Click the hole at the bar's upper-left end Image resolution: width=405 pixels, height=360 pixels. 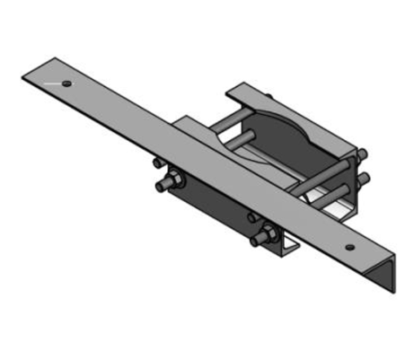(x=68, y=83)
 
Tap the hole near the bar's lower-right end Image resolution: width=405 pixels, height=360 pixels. (x=348, y=244)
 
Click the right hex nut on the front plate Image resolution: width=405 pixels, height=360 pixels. (x=266, y=237)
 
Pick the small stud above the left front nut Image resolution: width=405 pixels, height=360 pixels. (x=158, y=163)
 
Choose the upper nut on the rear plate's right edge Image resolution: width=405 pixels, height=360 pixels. (x=362, y=154)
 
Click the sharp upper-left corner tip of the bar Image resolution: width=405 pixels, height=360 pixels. (x=23, y=76)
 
